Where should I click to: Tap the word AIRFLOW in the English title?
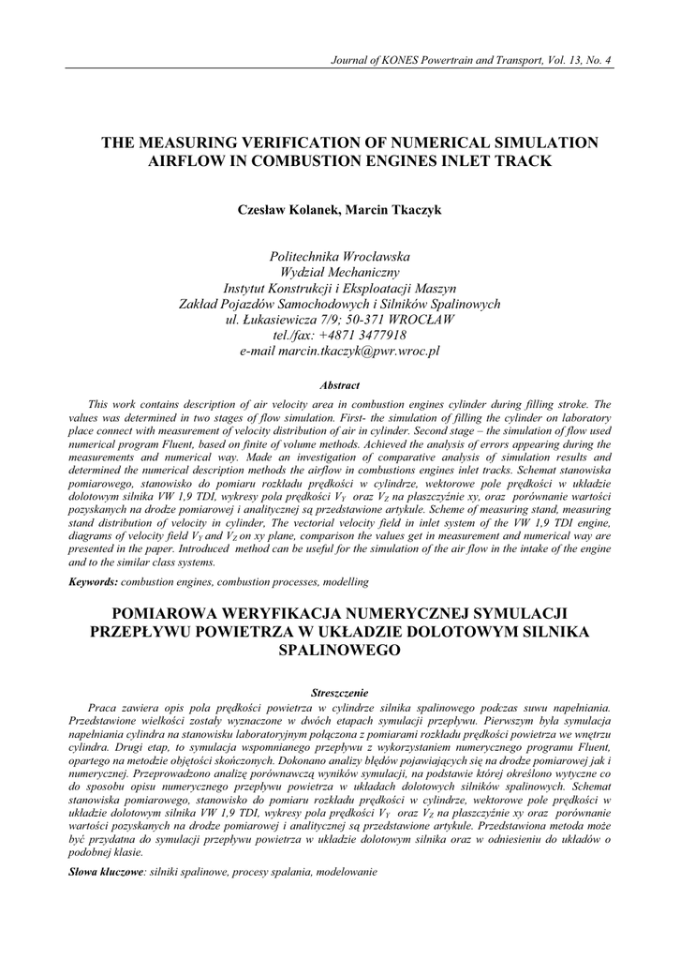185,161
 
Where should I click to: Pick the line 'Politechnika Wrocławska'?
340,256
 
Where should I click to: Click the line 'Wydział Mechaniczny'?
340,272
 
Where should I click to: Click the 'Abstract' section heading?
340,385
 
